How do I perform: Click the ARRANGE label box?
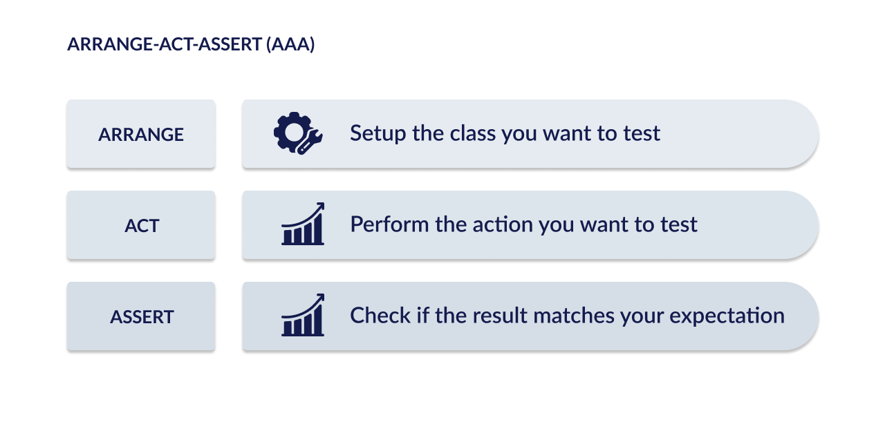[141, 134]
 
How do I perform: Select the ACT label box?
[141, 225]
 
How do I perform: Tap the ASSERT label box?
[141, 316]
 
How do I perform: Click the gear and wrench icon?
[298, 133]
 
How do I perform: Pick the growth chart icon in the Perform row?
[303, 224]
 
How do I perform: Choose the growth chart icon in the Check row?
[303, 315]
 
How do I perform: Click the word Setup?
[378, 134]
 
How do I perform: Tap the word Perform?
[389, 224]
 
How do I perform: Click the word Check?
[380, 316]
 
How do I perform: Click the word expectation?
[727, 316]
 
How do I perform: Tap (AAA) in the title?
[290, 44]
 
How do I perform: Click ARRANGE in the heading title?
[110, 44]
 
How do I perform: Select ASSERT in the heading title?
[230, 44]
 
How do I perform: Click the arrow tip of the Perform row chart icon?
[323, 204]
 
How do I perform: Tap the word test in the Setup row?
[642, 133]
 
